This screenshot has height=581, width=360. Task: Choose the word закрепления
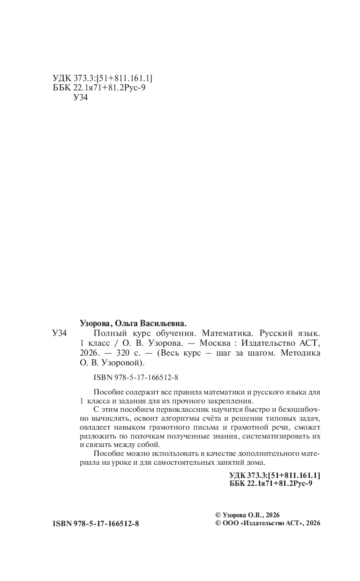231,401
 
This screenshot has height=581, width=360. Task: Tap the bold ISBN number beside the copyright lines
96,523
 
